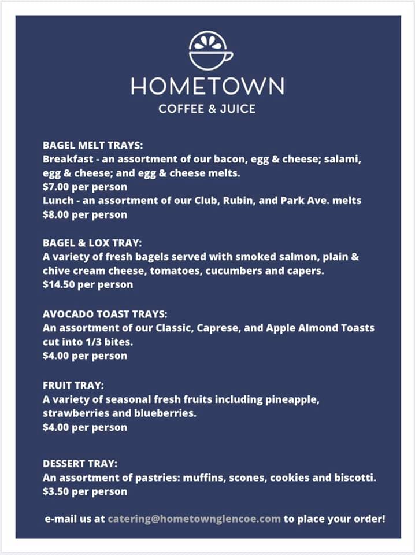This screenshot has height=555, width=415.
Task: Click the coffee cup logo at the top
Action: (210, 51)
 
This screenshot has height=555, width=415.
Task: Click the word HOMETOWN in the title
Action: (207, 87)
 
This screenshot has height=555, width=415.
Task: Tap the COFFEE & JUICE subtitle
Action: (207, 109)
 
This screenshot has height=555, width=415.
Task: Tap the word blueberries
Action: (169, 413)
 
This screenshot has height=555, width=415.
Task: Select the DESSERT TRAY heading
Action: (80, 464)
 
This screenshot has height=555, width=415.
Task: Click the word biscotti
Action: (355, 478)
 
